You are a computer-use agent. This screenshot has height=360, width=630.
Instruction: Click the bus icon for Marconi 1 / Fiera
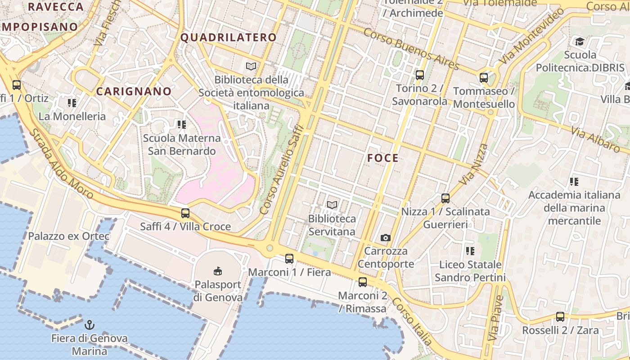coord(289,259)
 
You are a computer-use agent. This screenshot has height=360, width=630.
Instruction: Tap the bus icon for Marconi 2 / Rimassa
coord(362,282)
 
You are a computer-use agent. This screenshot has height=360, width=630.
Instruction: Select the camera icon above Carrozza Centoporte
coord(386,238)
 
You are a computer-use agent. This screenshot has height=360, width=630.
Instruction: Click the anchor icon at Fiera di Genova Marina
coord(90,324)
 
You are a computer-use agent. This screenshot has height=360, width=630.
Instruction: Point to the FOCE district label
coord(383,158)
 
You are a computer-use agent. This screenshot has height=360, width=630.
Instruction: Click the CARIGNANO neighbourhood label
coord(134,91)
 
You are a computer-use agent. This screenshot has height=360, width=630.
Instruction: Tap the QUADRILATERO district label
coord(228,37)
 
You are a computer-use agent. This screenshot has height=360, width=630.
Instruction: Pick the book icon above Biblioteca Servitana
coord(332,205)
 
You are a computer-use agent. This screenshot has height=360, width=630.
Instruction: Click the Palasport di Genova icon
coord(218,270)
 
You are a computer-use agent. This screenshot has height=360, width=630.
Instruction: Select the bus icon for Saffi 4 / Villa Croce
coord(185,213)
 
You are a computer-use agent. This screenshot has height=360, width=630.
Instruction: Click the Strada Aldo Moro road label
coord(61,164)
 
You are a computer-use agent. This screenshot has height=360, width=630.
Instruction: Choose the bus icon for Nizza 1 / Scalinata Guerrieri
coord(445,198)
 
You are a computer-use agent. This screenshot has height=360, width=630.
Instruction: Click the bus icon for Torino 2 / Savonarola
coord(420,75)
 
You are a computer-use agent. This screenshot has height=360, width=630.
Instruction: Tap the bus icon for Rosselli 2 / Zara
coord(560,316)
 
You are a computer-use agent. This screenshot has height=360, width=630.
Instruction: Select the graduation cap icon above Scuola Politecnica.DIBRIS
coord(580,42)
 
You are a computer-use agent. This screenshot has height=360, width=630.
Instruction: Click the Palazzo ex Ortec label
coord(69,236)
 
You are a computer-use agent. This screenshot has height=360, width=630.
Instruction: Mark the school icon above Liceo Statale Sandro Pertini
coord(470,251)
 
